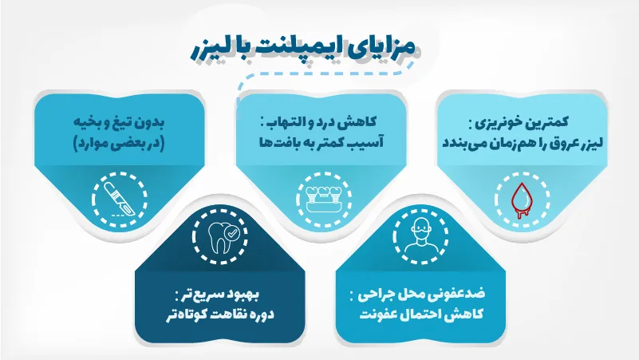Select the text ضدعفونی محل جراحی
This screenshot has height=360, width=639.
tap(418, 294)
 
